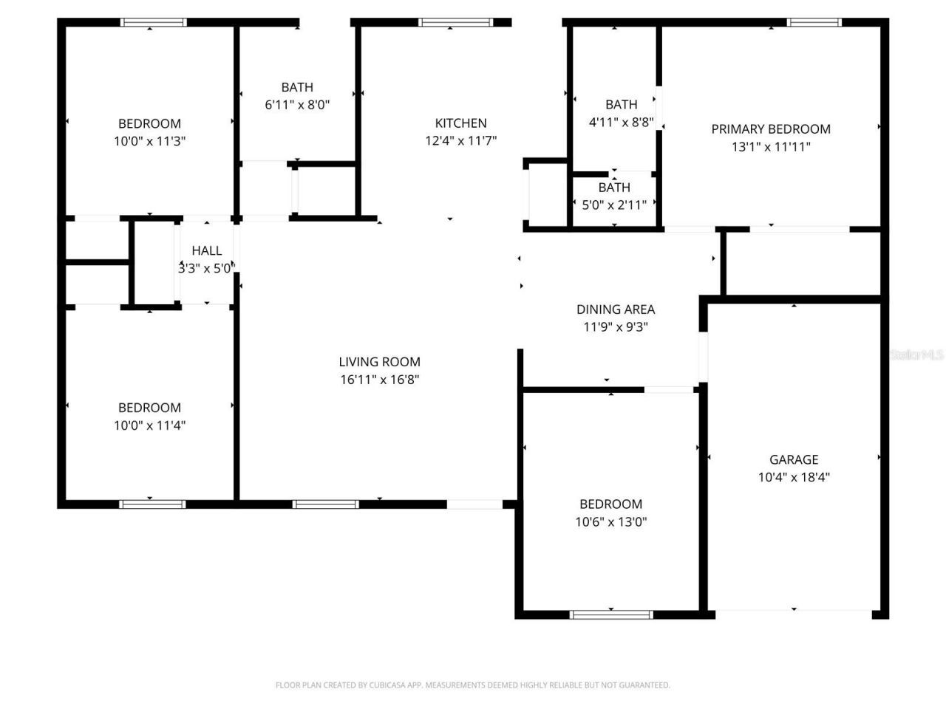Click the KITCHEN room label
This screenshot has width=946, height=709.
(460, 123)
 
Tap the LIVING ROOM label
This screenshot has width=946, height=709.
(379, 362)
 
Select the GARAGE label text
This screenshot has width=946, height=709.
(794, 459)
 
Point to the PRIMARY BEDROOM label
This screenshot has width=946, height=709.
(771, 129)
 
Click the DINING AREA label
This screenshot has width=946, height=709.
(616, 309)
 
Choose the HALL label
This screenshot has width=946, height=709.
(206, 251)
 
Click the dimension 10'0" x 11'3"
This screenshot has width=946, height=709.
(149, 141)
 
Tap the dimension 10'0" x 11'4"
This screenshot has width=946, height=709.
(149, 425)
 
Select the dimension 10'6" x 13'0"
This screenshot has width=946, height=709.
(610, 522)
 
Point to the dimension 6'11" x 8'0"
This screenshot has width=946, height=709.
(297, 105)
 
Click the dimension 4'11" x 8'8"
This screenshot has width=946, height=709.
(621, 122)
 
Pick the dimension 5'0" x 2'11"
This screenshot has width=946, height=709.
(614, 205)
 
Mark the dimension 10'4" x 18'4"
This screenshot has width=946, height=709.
(794, 477)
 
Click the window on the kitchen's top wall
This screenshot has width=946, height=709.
(455, 22)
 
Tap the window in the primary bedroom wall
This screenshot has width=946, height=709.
(814, 22)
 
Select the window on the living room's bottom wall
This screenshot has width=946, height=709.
(325, 504)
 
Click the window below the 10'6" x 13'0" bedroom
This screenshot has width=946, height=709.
(611, 614)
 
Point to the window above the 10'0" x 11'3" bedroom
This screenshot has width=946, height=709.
(154, 22)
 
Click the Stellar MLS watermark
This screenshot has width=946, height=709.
(916, 355)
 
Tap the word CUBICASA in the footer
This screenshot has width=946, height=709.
(379, 685)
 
